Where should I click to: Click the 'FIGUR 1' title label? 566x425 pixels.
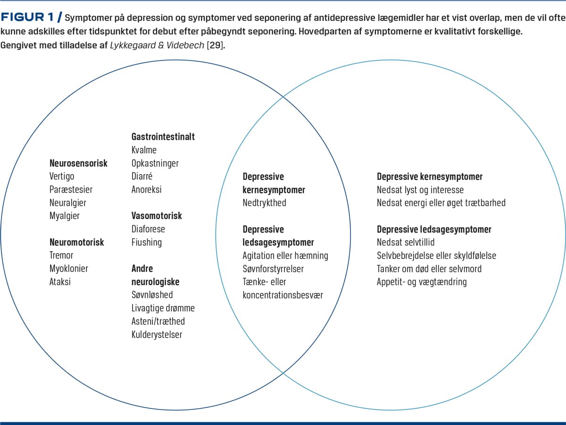[27, 17]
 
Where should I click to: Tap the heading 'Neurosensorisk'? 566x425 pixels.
[78, 163]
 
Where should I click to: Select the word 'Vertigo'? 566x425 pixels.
[62, 177]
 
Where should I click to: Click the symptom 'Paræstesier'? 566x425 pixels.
[71, 190]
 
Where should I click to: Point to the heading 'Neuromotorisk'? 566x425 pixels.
[76, 242]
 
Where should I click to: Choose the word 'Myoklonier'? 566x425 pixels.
[69, 269]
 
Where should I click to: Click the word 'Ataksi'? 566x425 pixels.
[60, 282]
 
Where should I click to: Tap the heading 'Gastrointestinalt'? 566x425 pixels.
[163, 137]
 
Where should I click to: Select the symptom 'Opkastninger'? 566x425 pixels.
[155, 163]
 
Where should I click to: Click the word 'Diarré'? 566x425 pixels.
[142, 177]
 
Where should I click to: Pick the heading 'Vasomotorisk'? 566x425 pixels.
[157, 216]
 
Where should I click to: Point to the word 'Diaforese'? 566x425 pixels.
[148, 229]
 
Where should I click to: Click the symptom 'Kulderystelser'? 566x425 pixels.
[157, 335]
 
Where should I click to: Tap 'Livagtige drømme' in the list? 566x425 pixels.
[163, 308]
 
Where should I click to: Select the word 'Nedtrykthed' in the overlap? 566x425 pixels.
[264, 203]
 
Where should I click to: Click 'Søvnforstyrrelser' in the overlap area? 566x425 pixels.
[273, 269]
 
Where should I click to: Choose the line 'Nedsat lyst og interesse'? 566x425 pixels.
[420, 190]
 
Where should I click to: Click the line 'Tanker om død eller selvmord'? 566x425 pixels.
[429, 269]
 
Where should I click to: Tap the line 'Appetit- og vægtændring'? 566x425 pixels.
[422, 282]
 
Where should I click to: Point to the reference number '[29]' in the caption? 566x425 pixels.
[215, 45]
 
